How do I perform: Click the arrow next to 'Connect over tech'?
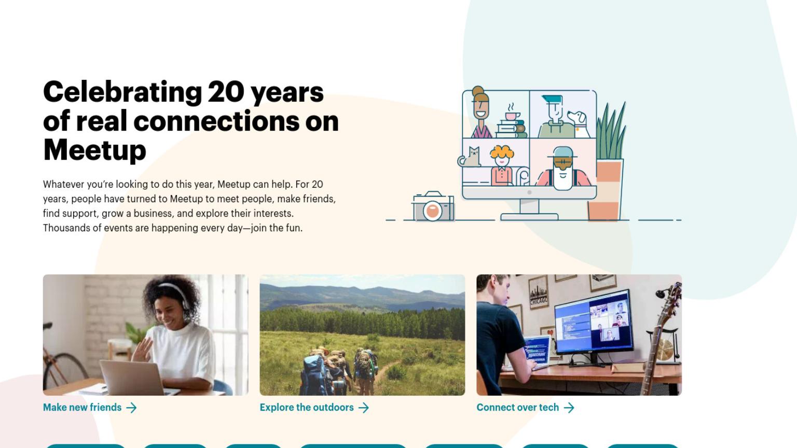[569, 408]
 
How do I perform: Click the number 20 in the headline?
[226, 92]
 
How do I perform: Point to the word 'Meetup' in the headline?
[94, 150]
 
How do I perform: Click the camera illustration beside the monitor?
[433, 206]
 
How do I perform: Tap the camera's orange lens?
[433, 211]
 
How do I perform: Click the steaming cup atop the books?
[512, 113]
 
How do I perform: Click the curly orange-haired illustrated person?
[502, 165]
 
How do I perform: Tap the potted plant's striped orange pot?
[605, 190]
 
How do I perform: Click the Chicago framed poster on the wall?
[538, 292]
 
